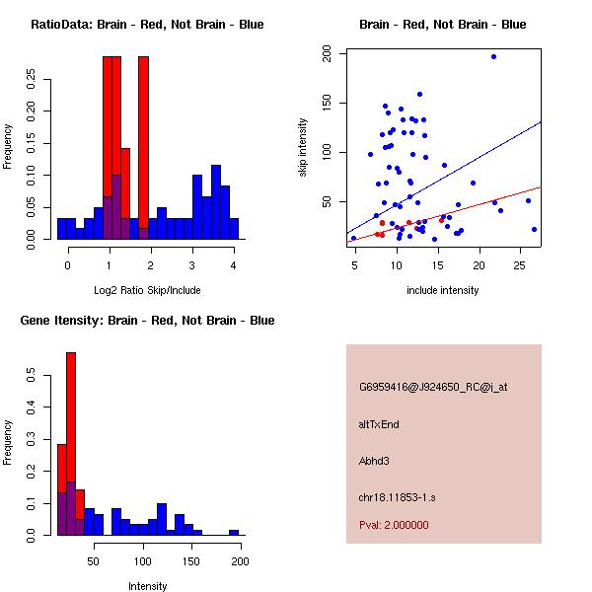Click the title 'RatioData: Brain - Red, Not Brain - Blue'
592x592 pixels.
(x=146, y=25)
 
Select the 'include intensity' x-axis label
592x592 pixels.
(x=443, y=290)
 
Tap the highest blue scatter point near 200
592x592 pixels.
(x=493, y=56)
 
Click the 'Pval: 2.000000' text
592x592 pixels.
(x=394, y=525)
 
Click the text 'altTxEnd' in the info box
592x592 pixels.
(x=379, y=424)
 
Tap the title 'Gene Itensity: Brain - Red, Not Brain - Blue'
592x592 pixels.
(x=146, y=321)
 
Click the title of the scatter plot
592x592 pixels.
(x=443, y=25)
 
